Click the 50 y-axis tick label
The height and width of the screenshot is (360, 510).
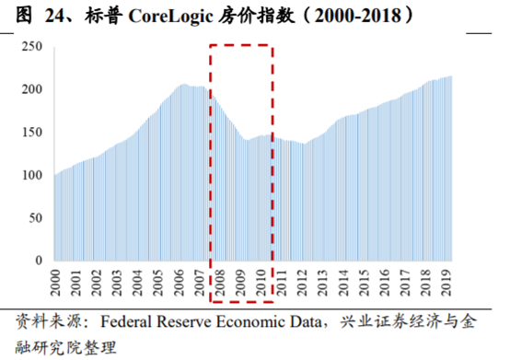(36, 217)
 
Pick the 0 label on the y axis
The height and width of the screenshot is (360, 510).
(40, 260)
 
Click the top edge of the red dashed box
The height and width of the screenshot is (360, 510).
(240, 43)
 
